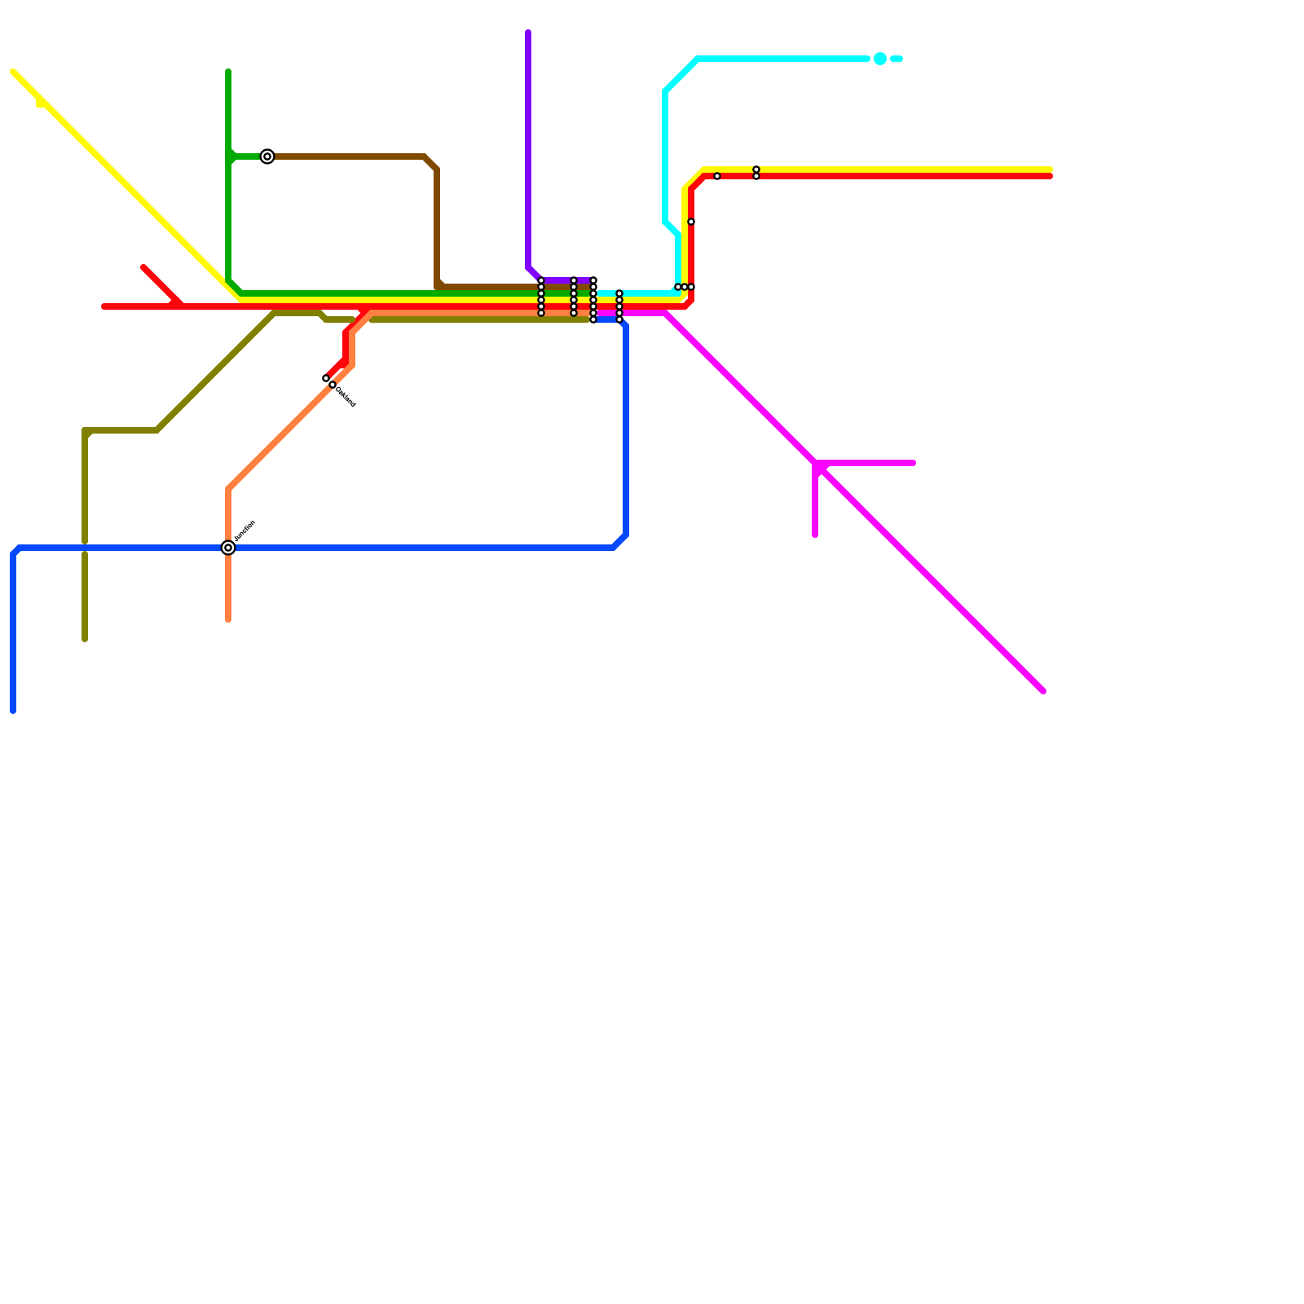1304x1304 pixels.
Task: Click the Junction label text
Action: tap(244, 531)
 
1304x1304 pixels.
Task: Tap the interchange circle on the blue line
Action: tap(228, 548)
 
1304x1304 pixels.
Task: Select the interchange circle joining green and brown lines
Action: tap(267, 156)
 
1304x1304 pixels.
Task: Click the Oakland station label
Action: tap(346, 397)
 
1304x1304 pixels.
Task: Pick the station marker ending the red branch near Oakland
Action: tap(326, 378)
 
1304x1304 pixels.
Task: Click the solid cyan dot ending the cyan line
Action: tap(880, 59)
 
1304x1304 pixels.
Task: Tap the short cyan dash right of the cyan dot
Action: tap(896, 59)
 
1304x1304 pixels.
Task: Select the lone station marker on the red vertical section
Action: tap(691, 222)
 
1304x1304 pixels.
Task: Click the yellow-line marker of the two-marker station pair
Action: tap(756, 170)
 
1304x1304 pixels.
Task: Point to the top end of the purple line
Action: tap(528, 33)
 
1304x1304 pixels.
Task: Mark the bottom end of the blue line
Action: tap(13, 711)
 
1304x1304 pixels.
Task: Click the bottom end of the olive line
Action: tap(85, 640)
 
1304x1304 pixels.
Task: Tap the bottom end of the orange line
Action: tap(228, 620)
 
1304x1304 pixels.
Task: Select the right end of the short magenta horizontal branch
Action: tap(913, 463)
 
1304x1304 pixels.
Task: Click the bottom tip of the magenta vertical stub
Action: tap(815, 535)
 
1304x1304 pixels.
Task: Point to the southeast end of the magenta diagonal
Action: tap(1043, 691)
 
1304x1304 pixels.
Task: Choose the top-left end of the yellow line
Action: tap(13, 72)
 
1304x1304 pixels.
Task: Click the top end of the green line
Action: tap(228, 72)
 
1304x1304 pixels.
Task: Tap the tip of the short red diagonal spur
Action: tap(143, 267)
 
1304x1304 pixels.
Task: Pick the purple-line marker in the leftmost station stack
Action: tap(541, 280)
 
